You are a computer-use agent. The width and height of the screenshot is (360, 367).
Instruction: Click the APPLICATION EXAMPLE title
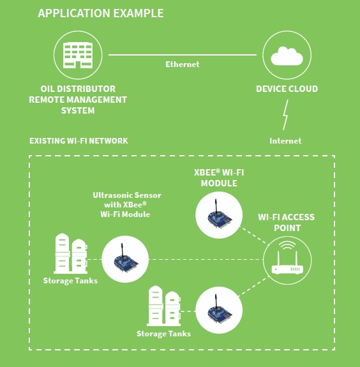click(x=101, y=13)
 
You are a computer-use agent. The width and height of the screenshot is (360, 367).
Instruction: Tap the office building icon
click(x=78, y=56)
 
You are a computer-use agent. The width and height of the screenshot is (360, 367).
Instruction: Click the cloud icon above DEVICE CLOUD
click(x=287, y=56)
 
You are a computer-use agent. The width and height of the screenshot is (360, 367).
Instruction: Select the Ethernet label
click(x=183, y=64)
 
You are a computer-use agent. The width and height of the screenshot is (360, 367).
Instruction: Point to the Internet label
click(x=285, y=141)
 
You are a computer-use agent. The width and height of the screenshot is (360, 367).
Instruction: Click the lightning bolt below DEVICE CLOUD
click(x=285, y=115)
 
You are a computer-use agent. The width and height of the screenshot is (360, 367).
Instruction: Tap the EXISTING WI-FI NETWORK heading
click(x=79, y=141)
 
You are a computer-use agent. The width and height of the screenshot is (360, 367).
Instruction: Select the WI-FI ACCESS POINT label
click(x=287, y=223)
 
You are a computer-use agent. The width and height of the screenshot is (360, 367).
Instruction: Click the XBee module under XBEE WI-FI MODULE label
click(x=219, y=215)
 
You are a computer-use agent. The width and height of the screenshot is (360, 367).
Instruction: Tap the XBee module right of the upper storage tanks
click(x=125, y=259)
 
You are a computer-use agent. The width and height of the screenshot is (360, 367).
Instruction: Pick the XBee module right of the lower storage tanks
click(x=219, y=310)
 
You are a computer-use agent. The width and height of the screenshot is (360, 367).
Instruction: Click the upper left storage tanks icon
click(x=70, y=253)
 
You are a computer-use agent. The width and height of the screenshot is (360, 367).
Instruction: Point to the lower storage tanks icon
click(x=164, y=306)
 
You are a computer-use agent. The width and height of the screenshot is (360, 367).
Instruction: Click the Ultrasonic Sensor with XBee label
click(x=126, y=205)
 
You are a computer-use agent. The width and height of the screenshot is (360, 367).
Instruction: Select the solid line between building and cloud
click(x=183, y=55)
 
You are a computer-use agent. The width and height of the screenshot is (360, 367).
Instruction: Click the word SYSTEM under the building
click(x=78, y=110)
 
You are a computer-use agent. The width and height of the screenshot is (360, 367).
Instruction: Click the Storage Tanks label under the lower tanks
click(x=163, y=334)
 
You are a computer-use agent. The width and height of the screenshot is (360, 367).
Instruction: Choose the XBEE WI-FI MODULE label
click(x=219, y=178)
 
